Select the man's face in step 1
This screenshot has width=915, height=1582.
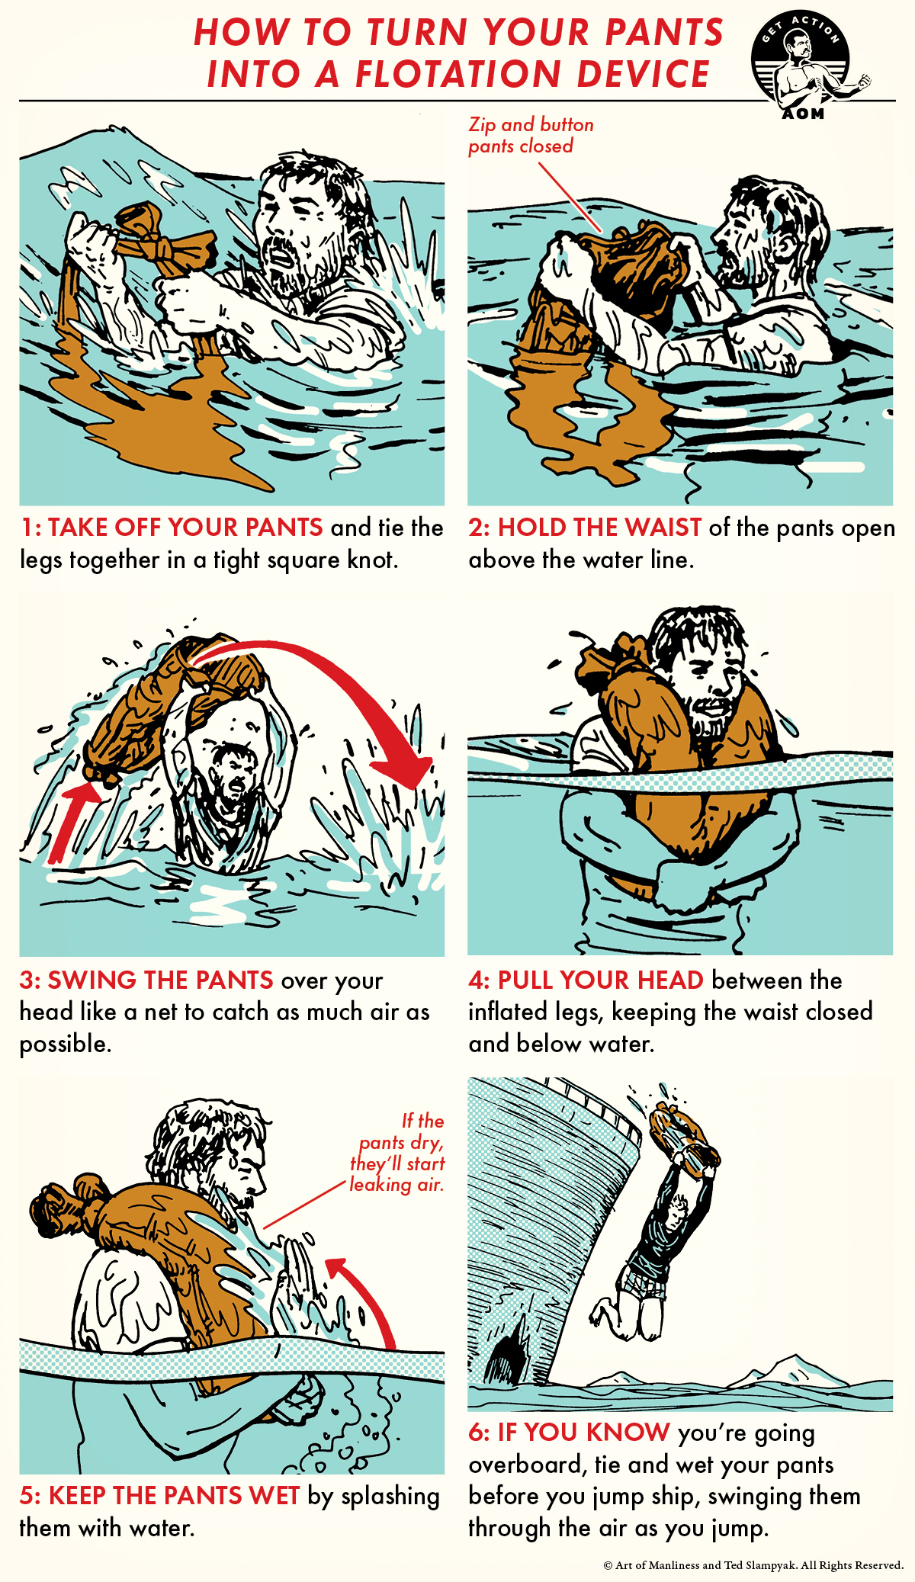(294, 229)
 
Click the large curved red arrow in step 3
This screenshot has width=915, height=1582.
(343, 686)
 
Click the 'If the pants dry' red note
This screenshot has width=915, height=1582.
(398, 1153)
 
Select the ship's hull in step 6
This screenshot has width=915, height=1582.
(534, 1220)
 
